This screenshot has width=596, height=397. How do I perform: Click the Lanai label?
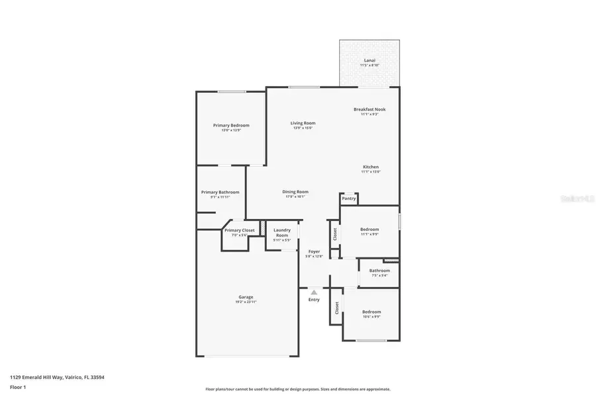(x=370, y=60)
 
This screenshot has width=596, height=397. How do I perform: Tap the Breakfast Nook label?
(x=370, y=109)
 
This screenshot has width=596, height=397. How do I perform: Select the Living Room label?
(x=303, y=123)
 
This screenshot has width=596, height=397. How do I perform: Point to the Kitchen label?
(x=370, y=167)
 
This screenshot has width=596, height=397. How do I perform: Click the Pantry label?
(x=349, y=198)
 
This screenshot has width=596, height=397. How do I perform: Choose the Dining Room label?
(x=295, y=192)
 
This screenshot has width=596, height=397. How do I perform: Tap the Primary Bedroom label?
(x=230, y=125)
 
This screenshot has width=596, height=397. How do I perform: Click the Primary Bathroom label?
(x=220, y=192)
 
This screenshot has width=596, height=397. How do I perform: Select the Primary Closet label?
(x=239, y=230)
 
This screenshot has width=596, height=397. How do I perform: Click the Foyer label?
(x=314, y=251)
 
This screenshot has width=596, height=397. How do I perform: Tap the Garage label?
(x=246, y=297)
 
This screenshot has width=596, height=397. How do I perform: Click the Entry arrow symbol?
(x=314, y=291)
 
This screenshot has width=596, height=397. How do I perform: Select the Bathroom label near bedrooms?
(x=379, y=270)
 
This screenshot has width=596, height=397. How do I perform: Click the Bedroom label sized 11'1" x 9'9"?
(x=370, y=230)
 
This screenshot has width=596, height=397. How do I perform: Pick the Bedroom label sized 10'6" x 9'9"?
(x=371, y=312)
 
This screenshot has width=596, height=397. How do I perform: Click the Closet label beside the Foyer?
(x=334, y=234)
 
